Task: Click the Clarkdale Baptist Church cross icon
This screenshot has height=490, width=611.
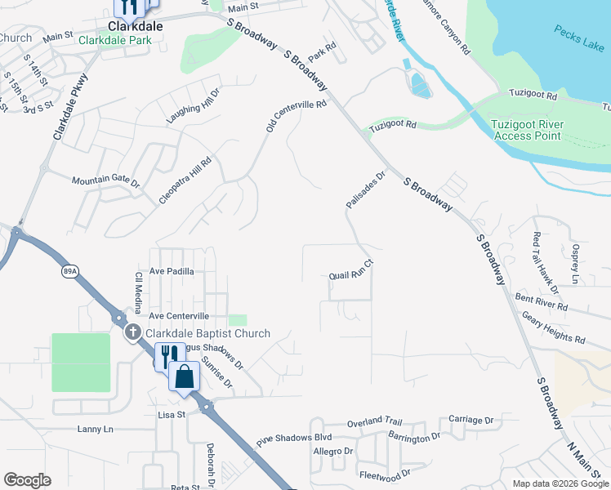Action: (133, 332)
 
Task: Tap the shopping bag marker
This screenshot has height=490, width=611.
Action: (185, 377)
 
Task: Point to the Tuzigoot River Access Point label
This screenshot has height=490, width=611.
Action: (527, 130)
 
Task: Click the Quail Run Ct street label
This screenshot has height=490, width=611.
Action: (350, 270)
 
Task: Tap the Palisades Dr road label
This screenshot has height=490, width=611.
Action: (365, 189)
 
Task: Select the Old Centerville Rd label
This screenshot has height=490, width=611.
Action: (296, 118)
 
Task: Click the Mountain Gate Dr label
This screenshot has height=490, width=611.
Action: (106, 180)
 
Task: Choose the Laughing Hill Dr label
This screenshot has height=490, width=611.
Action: (194, 106)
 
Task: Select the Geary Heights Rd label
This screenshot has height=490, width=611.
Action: (554, 327)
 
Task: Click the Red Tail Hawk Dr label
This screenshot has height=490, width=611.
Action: (546, 262)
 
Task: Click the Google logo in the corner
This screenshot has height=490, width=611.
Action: (27, 480)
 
